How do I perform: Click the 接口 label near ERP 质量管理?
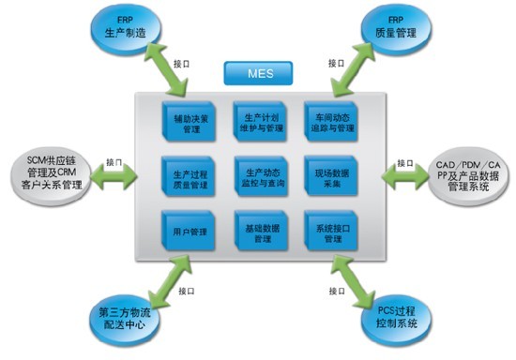tap(336, 63)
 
